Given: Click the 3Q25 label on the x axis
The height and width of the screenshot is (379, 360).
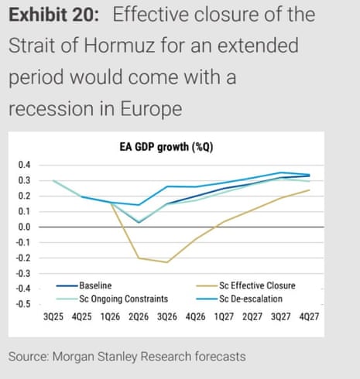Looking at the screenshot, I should [53, 317].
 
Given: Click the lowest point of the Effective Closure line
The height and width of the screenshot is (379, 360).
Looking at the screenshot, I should [166, 262].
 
